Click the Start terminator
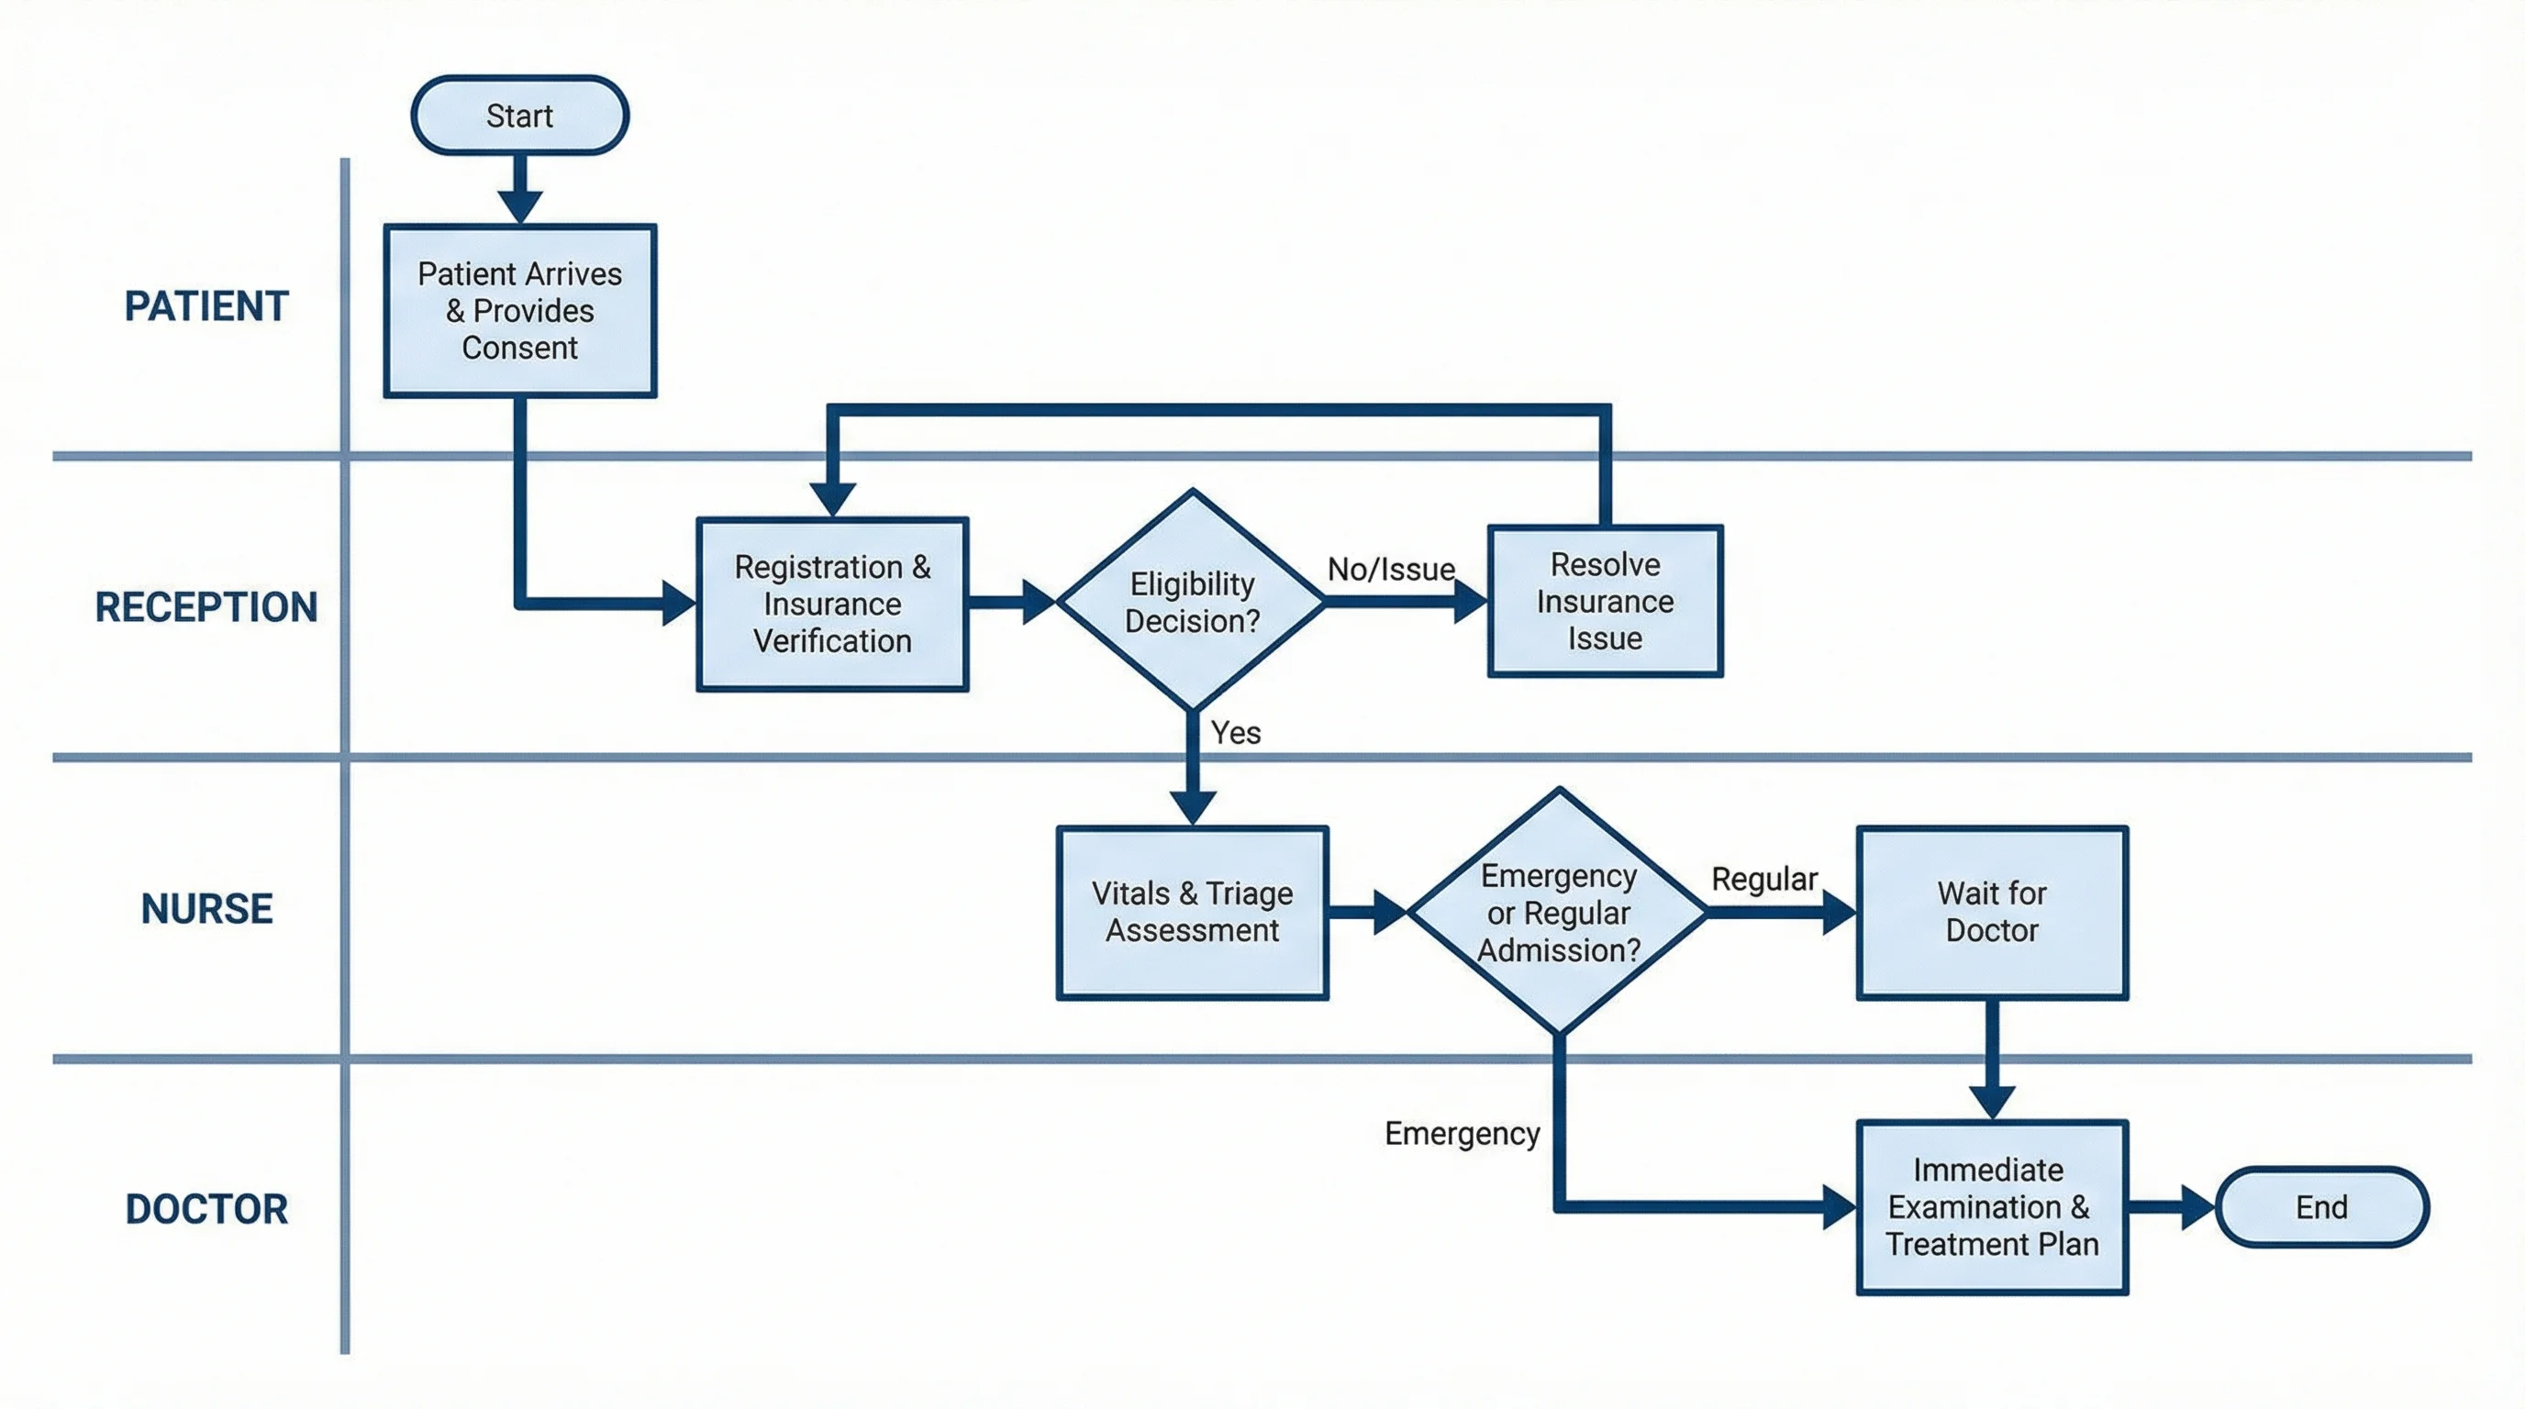coord(519,116)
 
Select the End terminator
coord(2321,1206)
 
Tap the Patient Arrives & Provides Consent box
coord(519,311)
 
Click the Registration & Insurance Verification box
coord(832,604)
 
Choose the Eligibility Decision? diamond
coord(1192,602)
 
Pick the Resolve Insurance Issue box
coord(1605,601)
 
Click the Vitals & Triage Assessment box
coord(1192,911)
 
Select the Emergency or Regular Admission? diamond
coord(1559,912)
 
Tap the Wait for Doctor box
coord(1992,911)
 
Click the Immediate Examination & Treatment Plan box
coord(1992,1206)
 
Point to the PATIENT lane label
coord(206,305)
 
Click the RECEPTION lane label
coord(206,606)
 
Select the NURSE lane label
coord(206,908)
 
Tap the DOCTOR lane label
coord(206,1209)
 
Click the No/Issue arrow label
coord(1391,569)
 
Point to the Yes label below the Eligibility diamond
coord(1235,732)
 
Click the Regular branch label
coord(1764,878)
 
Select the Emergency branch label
coord(1462,1133)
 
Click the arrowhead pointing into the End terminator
coord(2197,1206)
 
